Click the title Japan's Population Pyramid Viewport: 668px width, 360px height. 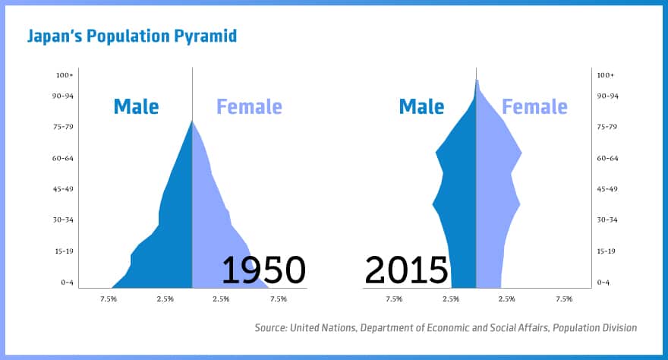click(x=132, y=36)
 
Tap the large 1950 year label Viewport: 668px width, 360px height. click(x=263, y=270)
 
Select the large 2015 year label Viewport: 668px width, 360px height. click(x=406, y=270)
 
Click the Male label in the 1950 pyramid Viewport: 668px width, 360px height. click(x=136, y=106)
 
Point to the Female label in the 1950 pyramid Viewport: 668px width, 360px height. click(x=249, y=106)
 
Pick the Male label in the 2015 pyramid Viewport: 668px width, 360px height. click(x=421, y=106)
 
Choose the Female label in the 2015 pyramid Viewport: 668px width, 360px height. click(x=534, y=106)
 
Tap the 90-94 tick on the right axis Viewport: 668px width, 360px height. click(x=606, y=96)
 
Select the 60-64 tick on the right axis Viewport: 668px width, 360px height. click(x=606, y=158)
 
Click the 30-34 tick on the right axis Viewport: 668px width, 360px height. click(x=606, y=220)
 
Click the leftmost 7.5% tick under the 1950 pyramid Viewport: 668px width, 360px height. click(x=109, y=299)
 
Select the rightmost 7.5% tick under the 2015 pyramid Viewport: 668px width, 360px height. click(x=564, y=299)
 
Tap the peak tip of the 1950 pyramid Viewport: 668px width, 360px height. click(x=192, y=121)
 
